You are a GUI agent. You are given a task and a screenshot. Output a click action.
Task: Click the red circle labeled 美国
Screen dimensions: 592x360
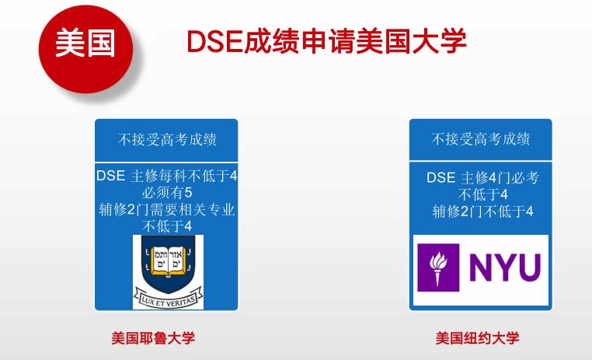coord(85,49)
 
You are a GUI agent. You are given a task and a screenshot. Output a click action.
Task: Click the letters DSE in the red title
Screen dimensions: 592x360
coord(214,40)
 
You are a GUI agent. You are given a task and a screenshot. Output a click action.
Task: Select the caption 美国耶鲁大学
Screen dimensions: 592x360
coord(153,337)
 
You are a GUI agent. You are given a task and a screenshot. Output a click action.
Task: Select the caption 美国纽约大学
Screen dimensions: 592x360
coord(477,337)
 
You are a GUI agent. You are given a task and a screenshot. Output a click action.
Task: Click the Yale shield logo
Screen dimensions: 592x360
coord(168,272)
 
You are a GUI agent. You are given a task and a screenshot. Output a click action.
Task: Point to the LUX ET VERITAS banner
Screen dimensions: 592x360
coord(168,298)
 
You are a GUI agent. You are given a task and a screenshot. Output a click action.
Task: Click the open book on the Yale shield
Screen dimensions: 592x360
coord(168,260)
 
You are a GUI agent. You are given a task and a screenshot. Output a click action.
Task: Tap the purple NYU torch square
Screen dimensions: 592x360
coord(438,267)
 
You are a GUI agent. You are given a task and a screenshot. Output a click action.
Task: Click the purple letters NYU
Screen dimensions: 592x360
coord(505,267)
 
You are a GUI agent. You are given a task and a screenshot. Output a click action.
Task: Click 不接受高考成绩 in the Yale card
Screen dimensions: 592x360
coord(167,139)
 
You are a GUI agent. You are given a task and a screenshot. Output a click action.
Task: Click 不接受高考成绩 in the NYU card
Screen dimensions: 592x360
coord(480,139)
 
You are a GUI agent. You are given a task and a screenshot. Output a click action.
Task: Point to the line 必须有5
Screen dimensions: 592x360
coord(167,193)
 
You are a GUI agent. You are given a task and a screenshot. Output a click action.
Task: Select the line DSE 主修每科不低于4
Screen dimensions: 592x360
coord(167,176)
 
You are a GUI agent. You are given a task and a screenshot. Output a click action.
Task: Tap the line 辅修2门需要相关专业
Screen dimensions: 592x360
coord(167,210)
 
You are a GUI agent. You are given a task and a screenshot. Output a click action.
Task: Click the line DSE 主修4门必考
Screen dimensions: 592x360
coord(482,177)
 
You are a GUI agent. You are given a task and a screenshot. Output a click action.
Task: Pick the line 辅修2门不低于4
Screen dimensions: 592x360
coord(482,211)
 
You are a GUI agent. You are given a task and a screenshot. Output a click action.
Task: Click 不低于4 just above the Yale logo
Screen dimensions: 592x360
coord(167,226)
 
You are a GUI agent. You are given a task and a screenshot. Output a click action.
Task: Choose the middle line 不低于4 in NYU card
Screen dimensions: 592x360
coord(482,194)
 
